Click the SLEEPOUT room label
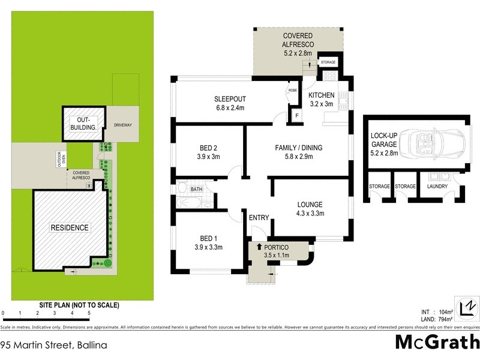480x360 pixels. coord(231,99)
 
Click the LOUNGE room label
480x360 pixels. coord(310,204)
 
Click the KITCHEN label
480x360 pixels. coord(321,95)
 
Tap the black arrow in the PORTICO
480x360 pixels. coord(259,246)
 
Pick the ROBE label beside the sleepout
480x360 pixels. coord(293,90)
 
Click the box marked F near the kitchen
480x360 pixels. coord(295,116)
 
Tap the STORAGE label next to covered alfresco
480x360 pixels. coord(328,62)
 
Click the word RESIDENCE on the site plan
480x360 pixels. coord(70,227)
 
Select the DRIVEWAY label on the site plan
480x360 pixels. coord(122,125)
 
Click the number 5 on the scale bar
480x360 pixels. coord(89,313)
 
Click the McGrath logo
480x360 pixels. coord(437,342)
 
